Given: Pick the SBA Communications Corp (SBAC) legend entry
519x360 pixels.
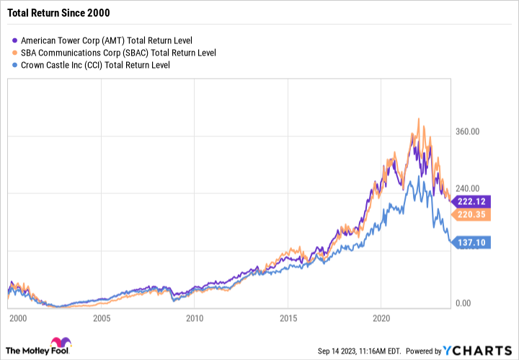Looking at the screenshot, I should pyautogui.click(x=119, y=53).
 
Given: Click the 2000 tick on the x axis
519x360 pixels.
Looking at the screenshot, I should pyautogui.click(x=17, y=318).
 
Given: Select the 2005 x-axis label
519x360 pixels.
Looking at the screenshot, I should pyautogui.click(x=102, y=318).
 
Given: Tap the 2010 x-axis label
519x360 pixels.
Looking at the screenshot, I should pyautogui.click(x=195, y=318).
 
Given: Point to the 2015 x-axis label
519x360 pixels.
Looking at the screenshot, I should pyautogui.click(x=288, y=318).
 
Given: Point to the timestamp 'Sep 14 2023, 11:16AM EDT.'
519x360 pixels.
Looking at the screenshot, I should pyautogui.click(x=368, y=351).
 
